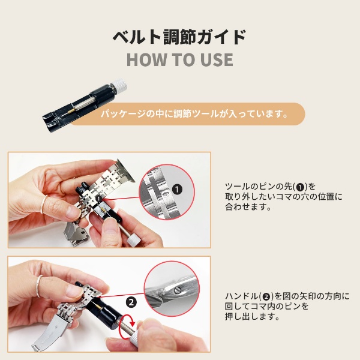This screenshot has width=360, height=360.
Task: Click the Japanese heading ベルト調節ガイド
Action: click(x=179, y=37)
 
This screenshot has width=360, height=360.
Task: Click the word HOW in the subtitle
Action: click(x=146, y=59)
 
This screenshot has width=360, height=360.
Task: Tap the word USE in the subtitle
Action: click(x=217, y=59)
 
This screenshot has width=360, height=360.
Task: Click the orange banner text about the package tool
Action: click(x=194, y=114)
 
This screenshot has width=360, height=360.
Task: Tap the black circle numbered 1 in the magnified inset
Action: click(x=177, y=190)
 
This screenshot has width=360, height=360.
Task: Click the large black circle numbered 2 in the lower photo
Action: click(x=131, y=302)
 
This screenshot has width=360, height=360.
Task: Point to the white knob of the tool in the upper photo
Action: click(x=134, y=241)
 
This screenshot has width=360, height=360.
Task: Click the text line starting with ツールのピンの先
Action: click(x=270, y=187)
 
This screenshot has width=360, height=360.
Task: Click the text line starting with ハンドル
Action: click(x=287, y=296)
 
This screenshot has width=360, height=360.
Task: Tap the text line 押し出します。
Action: click(x=253, y=317)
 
